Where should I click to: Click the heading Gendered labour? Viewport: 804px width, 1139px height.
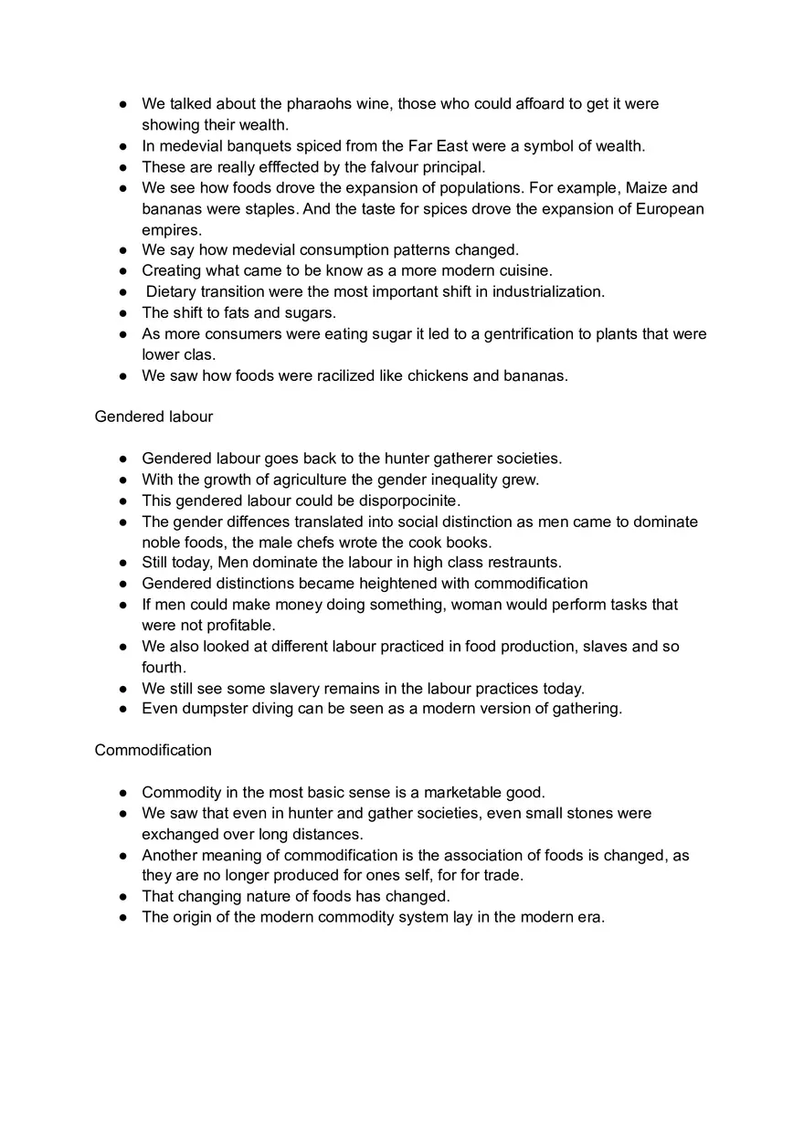(153, 417)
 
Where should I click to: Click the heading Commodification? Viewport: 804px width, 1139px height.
(153, 750)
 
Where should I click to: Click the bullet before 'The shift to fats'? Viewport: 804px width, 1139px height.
(122, 313)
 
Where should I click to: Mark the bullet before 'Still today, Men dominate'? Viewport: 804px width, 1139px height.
(122, 563)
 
